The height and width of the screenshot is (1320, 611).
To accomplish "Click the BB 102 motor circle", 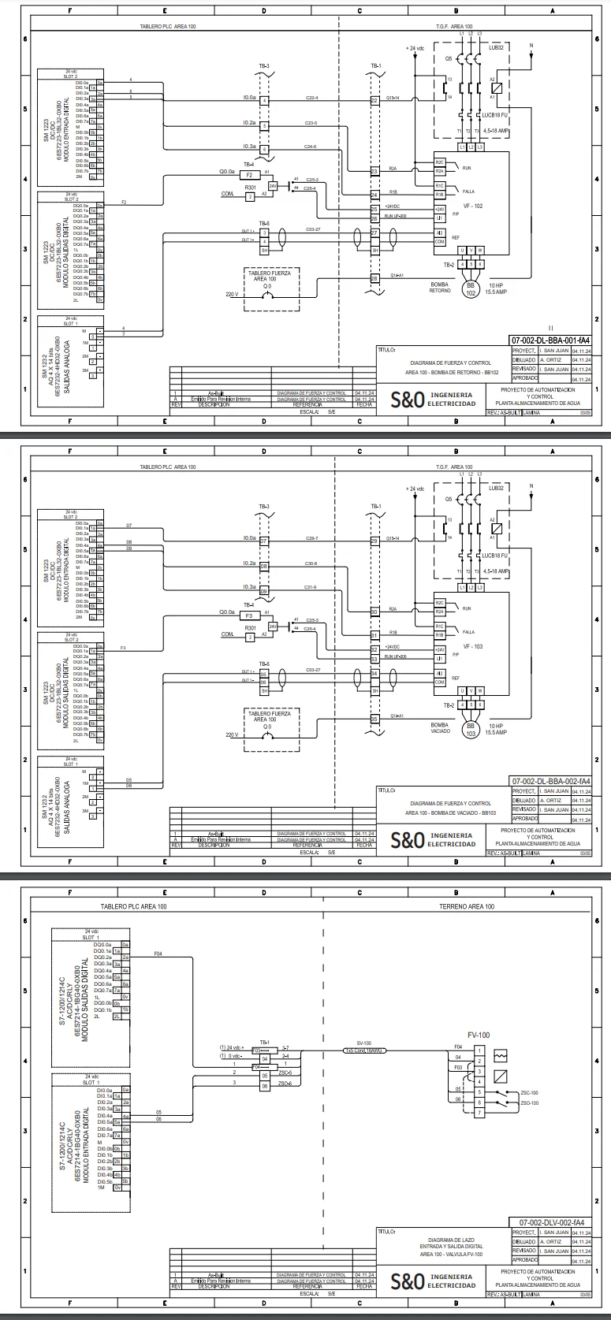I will tap(471, 288).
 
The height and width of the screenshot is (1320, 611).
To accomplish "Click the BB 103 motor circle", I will tap(471, 729).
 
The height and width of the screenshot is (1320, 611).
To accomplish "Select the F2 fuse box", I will tap(248, 174).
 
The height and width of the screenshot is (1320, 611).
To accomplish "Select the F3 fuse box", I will tap(248, 615).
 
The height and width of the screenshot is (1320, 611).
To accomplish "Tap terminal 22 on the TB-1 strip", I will tap(374, 101).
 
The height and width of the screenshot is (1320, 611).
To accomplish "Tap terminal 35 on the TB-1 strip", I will tap(374, 718).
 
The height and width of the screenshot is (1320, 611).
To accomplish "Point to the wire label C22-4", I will tap(311, 98).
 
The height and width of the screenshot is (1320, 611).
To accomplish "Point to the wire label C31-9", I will tap(311, 587).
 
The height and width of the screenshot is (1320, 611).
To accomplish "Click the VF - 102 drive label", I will tap(473, 206).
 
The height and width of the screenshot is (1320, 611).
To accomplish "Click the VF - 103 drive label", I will tap(473, 646).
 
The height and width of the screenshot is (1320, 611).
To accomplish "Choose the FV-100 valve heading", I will tap(479, 1035).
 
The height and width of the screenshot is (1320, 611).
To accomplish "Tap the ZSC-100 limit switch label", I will tap(529, 1093).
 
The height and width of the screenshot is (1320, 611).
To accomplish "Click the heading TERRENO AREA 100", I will tap(466, 906).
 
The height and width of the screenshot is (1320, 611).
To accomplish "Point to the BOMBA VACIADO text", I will tap(439, 727).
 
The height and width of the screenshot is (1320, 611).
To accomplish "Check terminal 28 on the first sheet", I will tap(374, 278).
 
